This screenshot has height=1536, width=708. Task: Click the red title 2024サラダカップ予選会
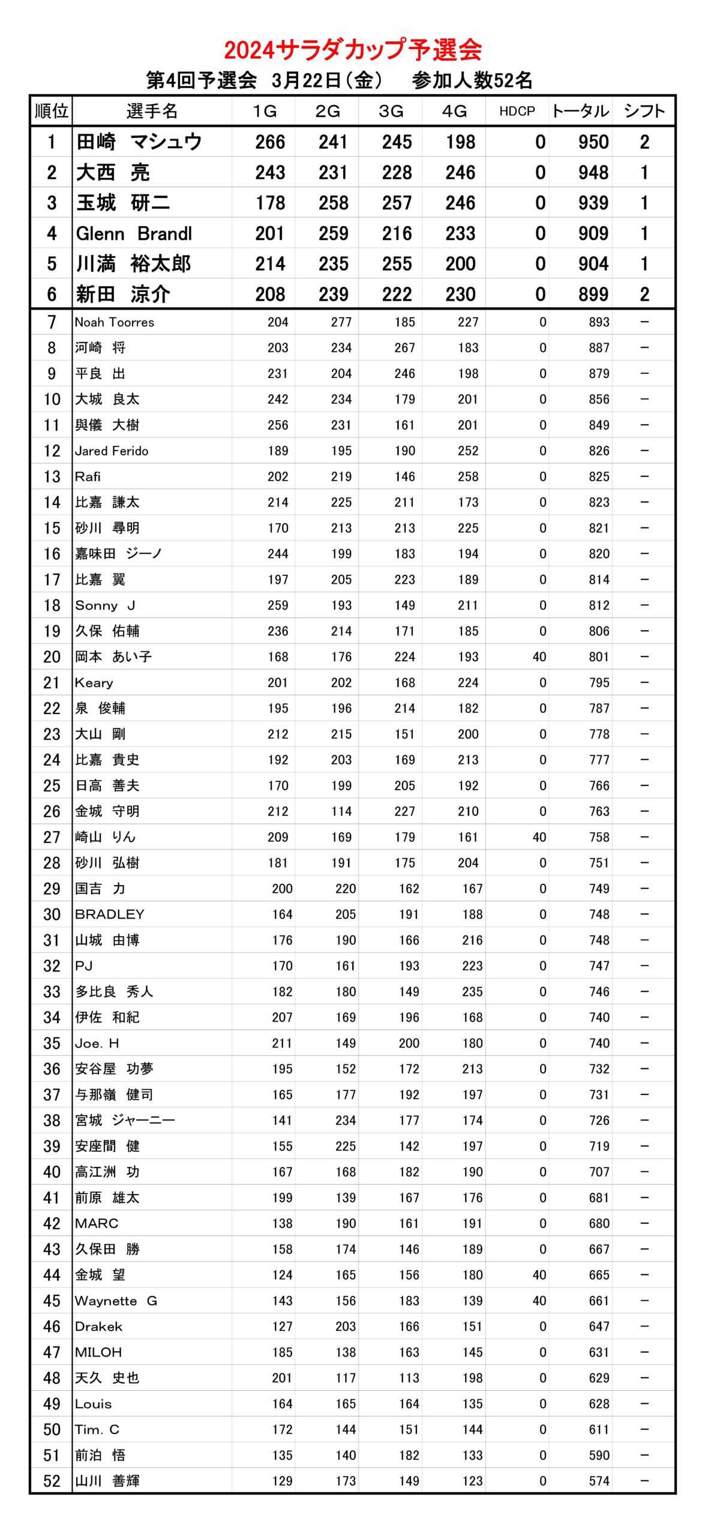353,50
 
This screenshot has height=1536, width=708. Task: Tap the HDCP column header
517,112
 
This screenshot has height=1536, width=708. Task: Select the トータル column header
580,112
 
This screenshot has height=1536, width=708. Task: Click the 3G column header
391,112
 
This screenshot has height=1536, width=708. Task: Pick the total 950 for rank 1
593,142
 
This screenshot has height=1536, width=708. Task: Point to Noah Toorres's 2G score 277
341,322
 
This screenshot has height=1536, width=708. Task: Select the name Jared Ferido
112,451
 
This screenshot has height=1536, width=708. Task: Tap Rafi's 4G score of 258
467,476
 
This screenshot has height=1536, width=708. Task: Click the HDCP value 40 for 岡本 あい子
539,657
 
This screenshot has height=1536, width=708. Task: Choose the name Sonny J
105,605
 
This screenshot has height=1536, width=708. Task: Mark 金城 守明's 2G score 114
341,811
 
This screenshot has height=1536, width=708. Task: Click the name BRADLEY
109,914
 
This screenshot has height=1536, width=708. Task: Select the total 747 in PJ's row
598,966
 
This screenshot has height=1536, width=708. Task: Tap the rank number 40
52,1172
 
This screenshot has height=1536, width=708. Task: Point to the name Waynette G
116,1301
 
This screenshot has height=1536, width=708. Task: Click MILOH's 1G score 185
281,1352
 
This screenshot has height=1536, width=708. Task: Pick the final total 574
598,1481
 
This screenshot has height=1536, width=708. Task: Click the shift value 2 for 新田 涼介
644,295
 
